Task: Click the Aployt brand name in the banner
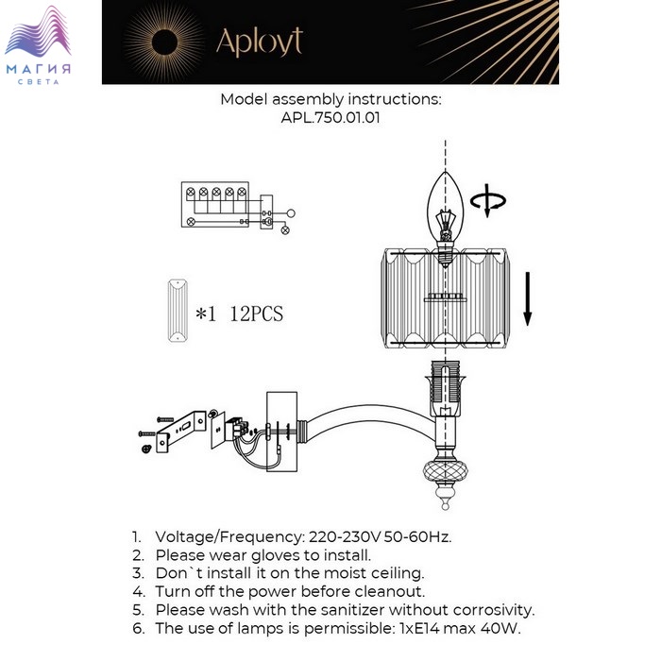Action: tap(260, 42)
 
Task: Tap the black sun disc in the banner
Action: tap(164, 42)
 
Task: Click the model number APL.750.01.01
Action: tap(330, 118)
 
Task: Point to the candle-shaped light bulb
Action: tap(445, 218)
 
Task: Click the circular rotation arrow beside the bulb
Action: tap(488, 201)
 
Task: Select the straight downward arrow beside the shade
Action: tap(527, 299)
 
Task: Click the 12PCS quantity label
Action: tap(256, 314)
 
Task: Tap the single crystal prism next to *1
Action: tap(178, 311)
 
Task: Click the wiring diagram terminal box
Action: tap(215, 205)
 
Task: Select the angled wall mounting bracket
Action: tap(181, 431)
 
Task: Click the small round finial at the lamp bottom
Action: tap(445, 504)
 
